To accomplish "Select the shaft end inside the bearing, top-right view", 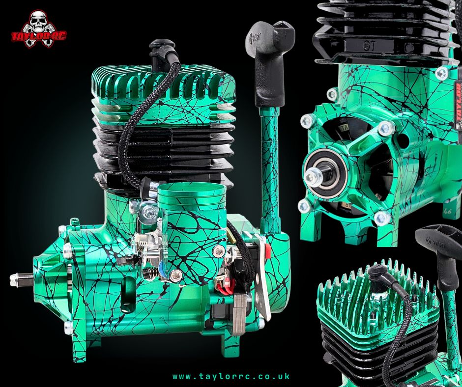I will pos(315,177).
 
